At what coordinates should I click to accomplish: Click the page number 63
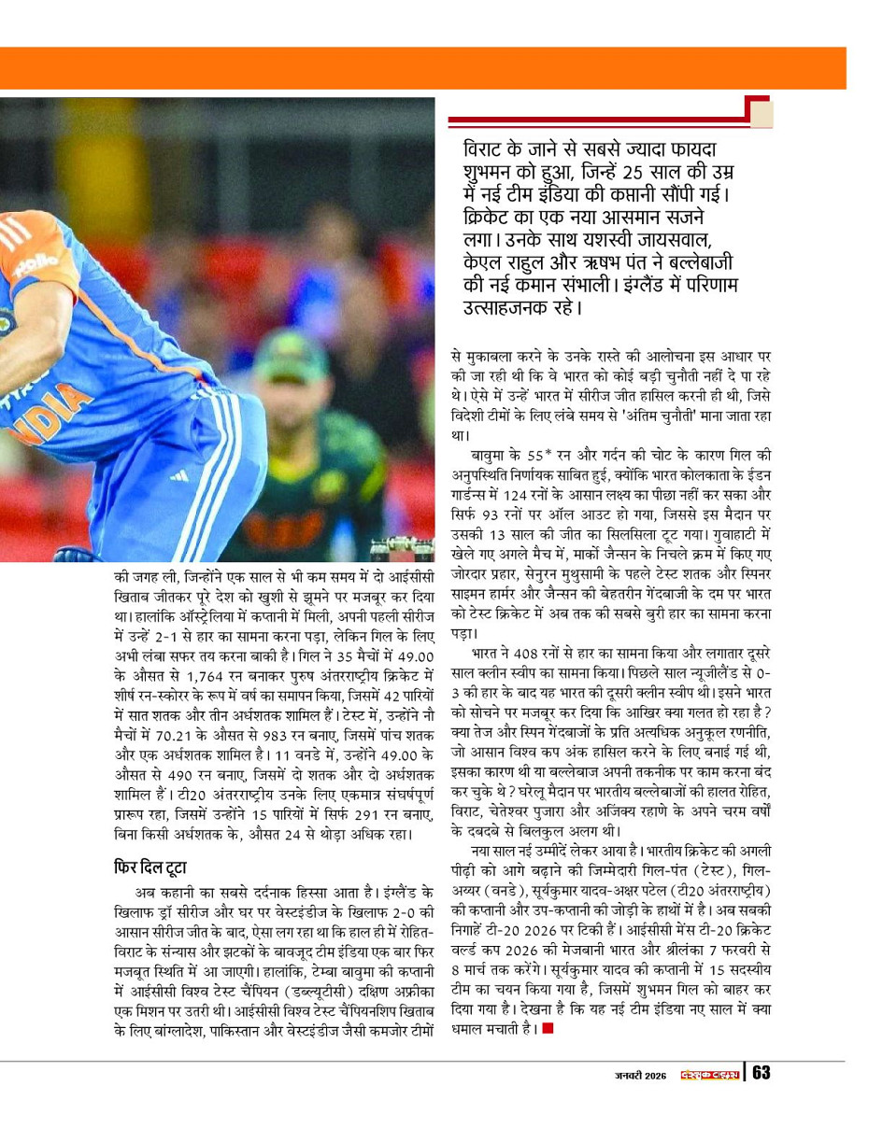tap(762, 1073)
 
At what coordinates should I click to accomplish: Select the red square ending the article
tap(548, 1029)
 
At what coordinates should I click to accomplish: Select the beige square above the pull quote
tap(762, 113)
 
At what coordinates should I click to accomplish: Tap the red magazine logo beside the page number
tap(709, 1074)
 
